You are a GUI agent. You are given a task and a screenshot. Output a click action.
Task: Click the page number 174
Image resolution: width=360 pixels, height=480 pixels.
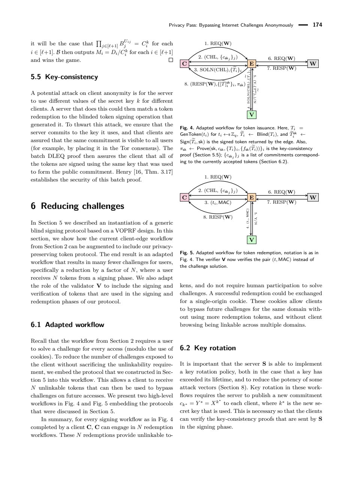tap(317, 25)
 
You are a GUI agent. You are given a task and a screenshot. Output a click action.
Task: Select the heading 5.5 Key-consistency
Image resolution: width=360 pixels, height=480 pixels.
tap(64, 77)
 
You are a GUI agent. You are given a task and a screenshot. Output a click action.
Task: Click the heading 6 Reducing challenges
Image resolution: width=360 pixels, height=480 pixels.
tap(77, 206)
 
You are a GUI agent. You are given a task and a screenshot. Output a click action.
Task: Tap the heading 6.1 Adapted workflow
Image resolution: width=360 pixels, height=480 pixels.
tap(67, 325)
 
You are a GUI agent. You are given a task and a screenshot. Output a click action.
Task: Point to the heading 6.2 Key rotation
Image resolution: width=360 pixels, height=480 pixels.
tap(208, 348)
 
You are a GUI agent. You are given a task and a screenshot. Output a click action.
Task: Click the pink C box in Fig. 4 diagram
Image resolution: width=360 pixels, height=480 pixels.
tap(184, 64)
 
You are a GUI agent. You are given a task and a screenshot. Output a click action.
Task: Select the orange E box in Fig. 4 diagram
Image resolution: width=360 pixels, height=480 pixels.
tap(252, 64)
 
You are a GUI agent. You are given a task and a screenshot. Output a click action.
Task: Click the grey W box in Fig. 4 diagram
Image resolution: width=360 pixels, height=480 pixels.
tap(313, 64)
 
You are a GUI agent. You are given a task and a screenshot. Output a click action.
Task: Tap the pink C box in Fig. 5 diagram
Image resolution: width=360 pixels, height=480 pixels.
tap(184, 197)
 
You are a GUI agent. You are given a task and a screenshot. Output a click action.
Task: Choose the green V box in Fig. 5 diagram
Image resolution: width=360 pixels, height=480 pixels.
tap(252, 240)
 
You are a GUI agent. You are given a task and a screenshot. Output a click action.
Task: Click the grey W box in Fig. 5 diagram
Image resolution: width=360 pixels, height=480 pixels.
tap(313, 197)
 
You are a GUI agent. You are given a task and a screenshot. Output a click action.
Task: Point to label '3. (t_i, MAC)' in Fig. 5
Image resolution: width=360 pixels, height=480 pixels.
tap(217, 202)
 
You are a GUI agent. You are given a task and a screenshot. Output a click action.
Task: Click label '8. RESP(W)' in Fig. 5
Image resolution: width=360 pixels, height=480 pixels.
tap(217, 217)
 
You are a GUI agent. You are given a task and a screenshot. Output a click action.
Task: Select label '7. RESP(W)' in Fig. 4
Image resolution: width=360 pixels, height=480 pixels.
tap(281, 68)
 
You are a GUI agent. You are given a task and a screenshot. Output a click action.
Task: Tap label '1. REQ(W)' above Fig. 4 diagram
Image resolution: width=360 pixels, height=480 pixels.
tap(218, 43)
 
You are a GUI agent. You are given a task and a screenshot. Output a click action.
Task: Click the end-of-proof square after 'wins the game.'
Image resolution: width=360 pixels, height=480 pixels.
tap(171, 60)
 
